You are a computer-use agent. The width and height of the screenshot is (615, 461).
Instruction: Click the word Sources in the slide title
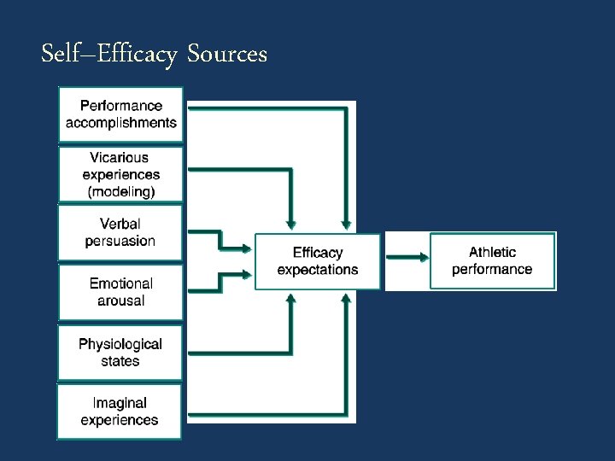pyautogui.click(x=226, y=55)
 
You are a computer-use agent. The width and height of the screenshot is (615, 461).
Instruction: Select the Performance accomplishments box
pyautogui.click(x=120, y=114)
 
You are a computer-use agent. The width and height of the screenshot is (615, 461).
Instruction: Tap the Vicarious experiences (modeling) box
pyautogui.click(x=120, y=174)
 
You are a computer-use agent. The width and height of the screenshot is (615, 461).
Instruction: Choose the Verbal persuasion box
pyautogui.click(x=120, y=232)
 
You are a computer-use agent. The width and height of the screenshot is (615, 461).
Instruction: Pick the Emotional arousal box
pyautogui.click(x=120, y=292)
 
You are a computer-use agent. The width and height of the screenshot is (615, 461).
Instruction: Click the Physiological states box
pyautogui.click(x=120, y=352)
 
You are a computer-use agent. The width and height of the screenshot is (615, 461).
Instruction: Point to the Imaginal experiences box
pyautogui.click(x=120, y=411)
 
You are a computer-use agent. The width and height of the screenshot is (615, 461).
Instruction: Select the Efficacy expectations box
pyautogui.click(x=318, y=261)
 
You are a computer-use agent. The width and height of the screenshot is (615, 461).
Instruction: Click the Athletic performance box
pyautogui.click(x=492, y=260)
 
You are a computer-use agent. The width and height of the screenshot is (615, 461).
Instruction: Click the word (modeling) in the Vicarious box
pyautogui.click(x=121, y=191)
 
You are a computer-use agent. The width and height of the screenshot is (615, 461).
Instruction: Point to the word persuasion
pyautogui.click(x=120, y=241)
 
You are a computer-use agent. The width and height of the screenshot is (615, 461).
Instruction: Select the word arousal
pyautogui.click(x=120, y=301)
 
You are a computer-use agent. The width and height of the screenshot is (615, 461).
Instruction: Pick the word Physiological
pyautogui.click(x=120, y=344)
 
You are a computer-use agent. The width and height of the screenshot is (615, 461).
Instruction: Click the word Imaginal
pyautogui.click(x=120, y=403)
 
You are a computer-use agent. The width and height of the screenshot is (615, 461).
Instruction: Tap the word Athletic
pyautogui.click(x=493, y=252)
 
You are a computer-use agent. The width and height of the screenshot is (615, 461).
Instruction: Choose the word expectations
pyautogui.click(x=318, y=270)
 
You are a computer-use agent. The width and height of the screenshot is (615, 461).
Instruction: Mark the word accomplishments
pyautogui.click(x=121, y=123)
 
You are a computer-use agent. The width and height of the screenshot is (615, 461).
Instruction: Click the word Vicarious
pyautogui.click(x=120, y=157)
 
